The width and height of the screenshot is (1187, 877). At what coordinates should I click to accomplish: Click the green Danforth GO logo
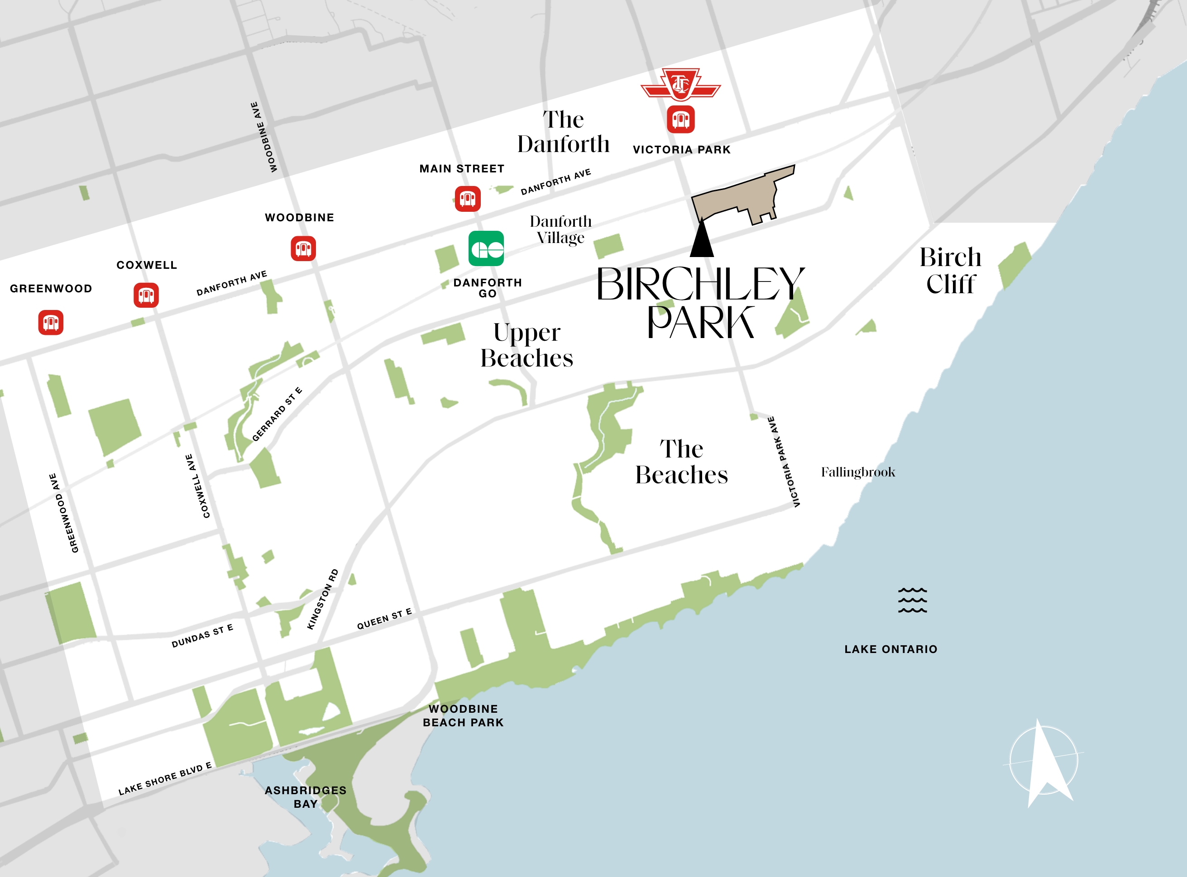[486, 248]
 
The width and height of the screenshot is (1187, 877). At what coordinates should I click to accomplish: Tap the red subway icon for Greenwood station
[51, 322]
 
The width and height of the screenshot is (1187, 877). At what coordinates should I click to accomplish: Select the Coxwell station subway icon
[146, 295]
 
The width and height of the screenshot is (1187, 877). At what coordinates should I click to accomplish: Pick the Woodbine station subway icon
[303, 248]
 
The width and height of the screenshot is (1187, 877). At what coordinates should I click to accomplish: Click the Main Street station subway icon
[467, 199]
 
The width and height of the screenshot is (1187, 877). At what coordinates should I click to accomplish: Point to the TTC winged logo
[680, 85]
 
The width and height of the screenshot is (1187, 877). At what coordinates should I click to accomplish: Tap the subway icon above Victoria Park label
[680, 119]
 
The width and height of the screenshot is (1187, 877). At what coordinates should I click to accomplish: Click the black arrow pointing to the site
[702, 239]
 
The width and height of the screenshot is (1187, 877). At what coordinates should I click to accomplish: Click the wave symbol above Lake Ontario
[912, 600]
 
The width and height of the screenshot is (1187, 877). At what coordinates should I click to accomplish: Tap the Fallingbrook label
[858, 472]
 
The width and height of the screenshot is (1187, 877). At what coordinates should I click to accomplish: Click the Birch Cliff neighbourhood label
[951, 271]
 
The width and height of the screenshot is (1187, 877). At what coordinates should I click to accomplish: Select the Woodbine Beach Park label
[463, 715]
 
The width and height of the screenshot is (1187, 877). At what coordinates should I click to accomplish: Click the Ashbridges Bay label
[306, 797]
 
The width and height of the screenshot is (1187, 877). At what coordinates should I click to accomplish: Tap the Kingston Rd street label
[322, 599]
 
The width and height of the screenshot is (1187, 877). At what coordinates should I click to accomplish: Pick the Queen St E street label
[384, 619]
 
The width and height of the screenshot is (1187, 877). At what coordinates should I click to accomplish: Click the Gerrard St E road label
[277, 415]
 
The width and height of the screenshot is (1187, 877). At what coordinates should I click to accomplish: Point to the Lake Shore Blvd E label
[165, 779]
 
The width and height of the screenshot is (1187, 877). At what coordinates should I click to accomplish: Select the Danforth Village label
[560, 229]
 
